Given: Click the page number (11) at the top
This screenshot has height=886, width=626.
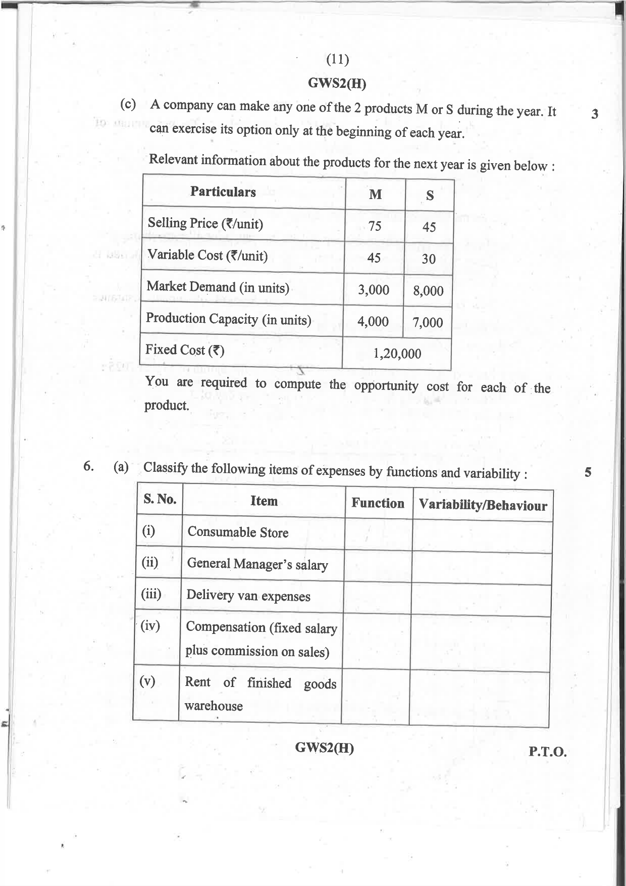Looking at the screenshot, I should tap(338, 60).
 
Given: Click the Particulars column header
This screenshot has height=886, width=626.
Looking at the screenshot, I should tap(223, 192).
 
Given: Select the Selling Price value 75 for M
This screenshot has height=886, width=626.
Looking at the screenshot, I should tap(375, 226).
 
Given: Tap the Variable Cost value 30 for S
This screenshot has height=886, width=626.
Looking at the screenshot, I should tap(429, 259).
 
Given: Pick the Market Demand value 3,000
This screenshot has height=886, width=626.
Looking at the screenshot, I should tap(374, 290).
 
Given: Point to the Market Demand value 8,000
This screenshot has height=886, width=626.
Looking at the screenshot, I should tap(428, 291).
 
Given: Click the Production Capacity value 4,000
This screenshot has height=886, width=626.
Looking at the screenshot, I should tap(373, 322).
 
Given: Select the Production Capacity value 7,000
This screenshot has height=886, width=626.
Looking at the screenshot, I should tap(428, 322).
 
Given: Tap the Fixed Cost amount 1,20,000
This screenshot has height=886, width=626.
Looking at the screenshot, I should tap(397, 354).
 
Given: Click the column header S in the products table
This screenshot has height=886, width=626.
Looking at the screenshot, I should tap(430, 195).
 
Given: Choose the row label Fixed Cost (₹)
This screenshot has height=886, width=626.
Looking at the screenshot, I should tap(184, 350).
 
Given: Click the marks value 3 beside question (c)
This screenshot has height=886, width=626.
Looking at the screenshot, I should tap(595, 114).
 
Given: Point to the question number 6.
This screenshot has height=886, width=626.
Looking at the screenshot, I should tap(88, 466).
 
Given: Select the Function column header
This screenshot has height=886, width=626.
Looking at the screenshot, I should tap(378, 503).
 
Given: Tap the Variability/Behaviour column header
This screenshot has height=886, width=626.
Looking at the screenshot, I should tap(483, 505).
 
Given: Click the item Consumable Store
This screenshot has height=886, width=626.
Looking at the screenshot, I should tap(238, 532).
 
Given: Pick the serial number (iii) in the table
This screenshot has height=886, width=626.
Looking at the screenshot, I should tap(151, 594).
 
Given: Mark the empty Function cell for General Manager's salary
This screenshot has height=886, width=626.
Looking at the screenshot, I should tap(378, 566).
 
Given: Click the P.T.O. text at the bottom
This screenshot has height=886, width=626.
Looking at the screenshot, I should tap(547, 752).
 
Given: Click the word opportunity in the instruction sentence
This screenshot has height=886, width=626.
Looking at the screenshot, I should tap(386, 386).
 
